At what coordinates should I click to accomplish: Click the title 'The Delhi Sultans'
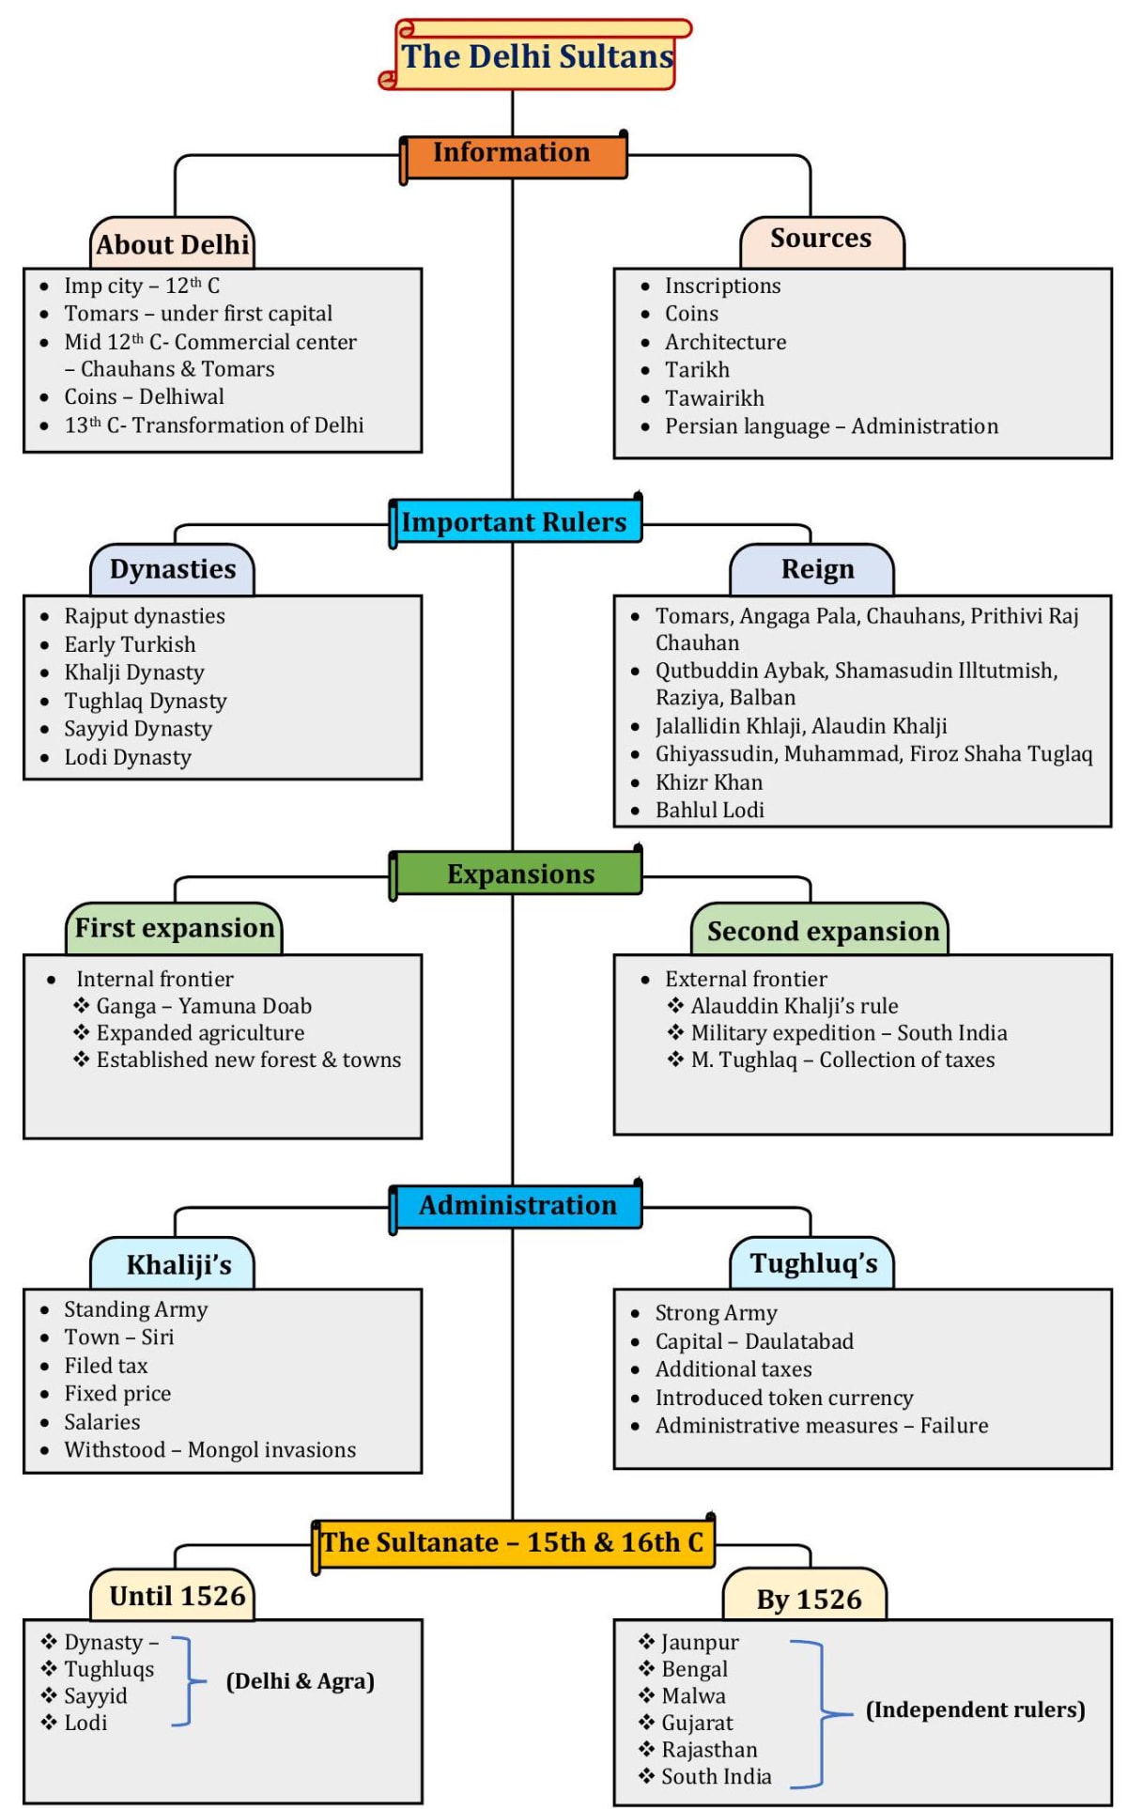[x=537, y=57]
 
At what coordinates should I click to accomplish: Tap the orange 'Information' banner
[x=512, y=153]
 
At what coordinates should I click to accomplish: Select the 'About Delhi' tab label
[x=173, y=245]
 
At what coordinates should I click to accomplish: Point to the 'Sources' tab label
[x=821, y=239]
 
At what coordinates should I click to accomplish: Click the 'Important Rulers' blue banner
[x=514, y=522]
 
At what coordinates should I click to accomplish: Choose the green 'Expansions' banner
[x=520, y=874]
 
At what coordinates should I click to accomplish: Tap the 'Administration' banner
[x=517, y=1206]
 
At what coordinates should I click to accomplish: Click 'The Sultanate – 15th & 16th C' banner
[x=512, y=1542]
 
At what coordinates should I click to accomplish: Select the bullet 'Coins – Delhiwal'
[x=144, y=397]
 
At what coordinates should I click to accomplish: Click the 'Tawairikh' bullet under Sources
[x=714, y=398]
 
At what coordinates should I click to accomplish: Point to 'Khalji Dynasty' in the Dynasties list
[x=133, y=673]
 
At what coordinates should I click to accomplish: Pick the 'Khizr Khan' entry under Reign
[x=709, y=782]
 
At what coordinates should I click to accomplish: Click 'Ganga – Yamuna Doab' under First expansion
[x=204, y=1006]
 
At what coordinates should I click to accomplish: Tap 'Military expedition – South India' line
[x=848, y=1033]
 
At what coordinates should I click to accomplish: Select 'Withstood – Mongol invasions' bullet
[x=209, y=1450]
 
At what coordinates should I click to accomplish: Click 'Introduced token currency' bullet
[x=783, y=1399]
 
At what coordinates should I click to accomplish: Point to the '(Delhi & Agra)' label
[x=300, y=1681]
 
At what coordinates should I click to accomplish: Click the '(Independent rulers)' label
[x=975, y=1709]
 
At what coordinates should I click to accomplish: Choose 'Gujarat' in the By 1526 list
[x=697, y=1723]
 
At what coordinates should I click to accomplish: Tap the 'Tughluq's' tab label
[x=813, y=1264]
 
